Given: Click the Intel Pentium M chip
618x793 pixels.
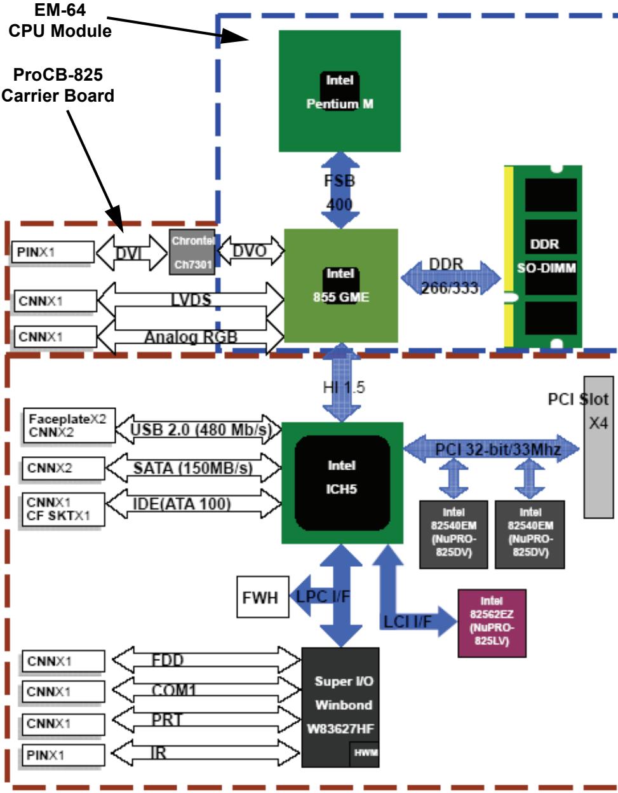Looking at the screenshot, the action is click(x=339, y=91).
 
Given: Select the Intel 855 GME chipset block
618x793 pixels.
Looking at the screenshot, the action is click(x=341, y=286).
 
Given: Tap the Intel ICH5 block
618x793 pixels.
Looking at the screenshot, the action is click(x=342, y=483).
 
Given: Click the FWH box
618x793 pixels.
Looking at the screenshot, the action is click(x=263, y=597).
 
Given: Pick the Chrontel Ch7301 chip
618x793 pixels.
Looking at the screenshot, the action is click(x=192, y=252).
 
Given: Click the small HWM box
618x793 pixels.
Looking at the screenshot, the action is click(x=364, y=754).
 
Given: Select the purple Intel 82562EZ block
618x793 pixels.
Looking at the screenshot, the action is click(x=492, y=623).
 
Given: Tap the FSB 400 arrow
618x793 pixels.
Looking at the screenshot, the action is click(x=340, y=190).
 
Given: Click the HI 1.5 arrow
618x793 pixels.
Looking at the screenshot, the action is click(x=342, y=383).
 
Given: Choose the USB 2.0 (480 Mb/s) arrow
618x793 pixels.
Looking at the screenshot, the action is click(x=199, y=430).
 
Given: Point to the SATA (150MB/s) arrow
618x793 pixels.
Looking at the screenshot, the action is click(x=193, y=468).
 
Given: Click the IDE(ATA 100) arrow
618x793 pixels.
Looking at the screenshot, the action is click(x=193, y=504).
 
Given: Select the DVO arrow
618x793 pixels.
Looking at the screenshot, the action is click(x=251, y=251).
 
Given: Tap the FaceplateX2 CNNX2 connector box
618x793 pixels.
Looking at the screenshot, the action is click(x=69, y=426).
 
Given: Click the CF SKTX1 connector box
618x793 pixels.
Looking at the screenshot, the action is click(x=63, y=510).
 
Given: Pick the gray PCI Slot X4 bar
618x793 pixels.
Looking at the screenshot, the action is click(x=598, y=447).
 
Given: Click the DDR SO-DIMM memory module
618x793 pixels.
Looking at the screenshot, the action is click(x=543, y=257).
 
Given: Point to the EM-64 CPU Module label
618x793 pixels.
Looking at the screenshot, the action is click(x=60, y=20).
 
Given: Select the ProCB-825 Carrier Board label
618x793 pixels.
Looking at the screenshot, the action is click(x=58, y=85).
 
